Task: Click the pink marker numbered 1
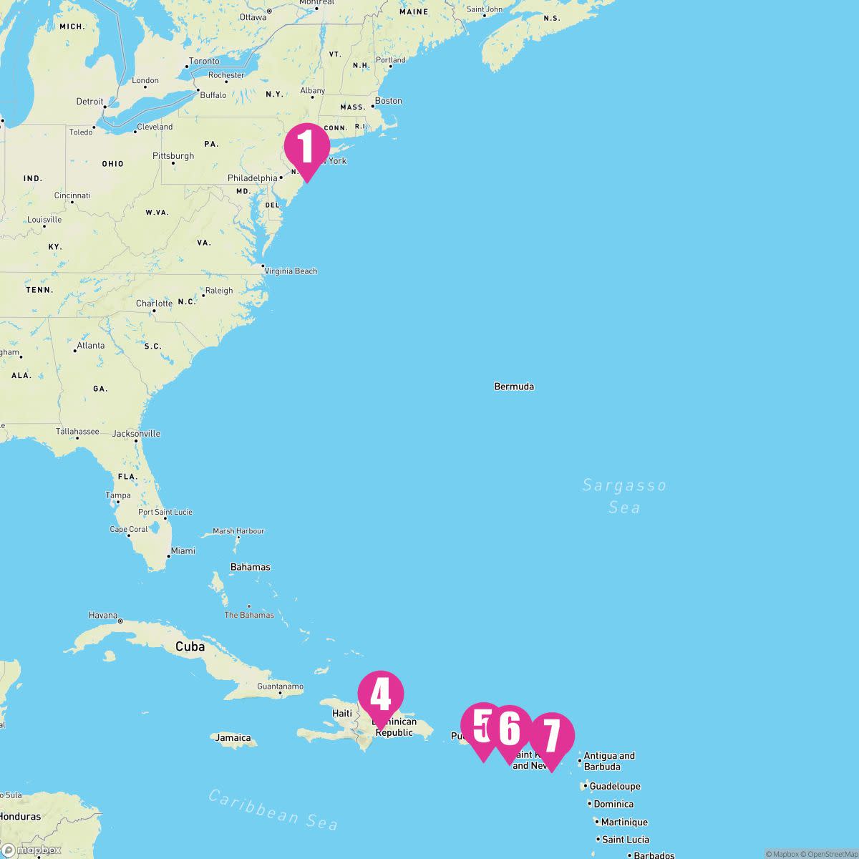click(x=307, y=147)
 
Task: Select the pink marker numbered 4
click(x=381, y=694)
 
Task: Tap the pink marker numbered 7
click(x=552, y=736)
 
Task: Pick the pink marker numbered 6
click(x=510, y=729)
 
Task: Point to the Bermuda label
click(x=514, y=387)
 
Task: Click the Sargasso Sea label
click(x=624, y=496)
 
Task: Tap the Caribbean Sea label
click(x=273, y=809)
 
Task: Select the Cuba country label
click(x=190, y=646)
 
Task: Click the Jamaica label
click(x=233, y=738)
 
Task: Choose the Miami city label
click(x=183, y=550)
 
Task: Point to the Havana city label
click(x=102, y=615)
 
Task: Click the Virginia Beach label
click(x=291, y=271)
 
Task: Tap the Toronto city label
click(x=204, y=62)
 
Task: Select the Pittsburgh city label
click(x=173, y=156)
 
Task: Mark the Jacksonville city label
click(x=136, y=434)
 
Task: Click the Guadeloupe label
click(x=615, y=786)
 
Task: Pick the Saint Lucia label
click(x=626, y=840)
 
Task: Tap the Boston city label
click(x=389, y=101)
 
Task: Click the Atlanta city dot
click(x=75, y=351)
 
